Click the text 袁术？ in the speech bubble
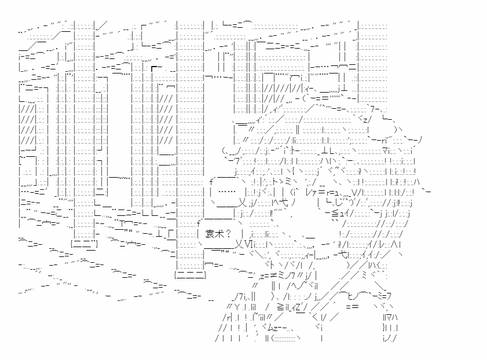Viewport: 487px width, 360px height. point(218,234)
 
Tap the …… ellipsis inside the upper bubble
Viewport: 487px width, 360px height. point(227,191)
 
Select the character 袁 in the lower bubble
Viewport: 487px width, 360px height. point(210,234)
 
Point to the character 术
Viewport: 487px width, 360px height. point(219,234)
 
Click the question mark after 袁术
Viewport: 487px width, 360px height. point(228,234)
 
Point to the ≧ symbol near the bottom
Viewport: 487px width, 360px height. point(281,307)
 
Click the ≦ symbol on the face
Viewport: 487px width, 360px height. point(335,213)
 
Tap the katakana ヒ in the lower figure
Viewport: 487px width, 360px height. point(350,296)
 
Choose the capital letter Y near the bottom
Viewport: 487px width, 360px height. point(237,307)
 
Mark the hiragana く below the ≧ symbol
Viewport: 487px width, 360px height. point(314,317)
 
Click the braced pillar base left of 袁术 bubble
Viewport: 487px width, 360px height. point(190,275)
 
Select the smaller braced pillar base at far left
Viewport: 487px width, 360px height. point(84,244)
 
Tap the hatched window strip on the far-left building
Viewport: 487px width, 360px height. point(28,124)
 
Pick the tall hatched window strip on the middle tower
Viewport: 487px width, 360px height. point(166,119)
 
